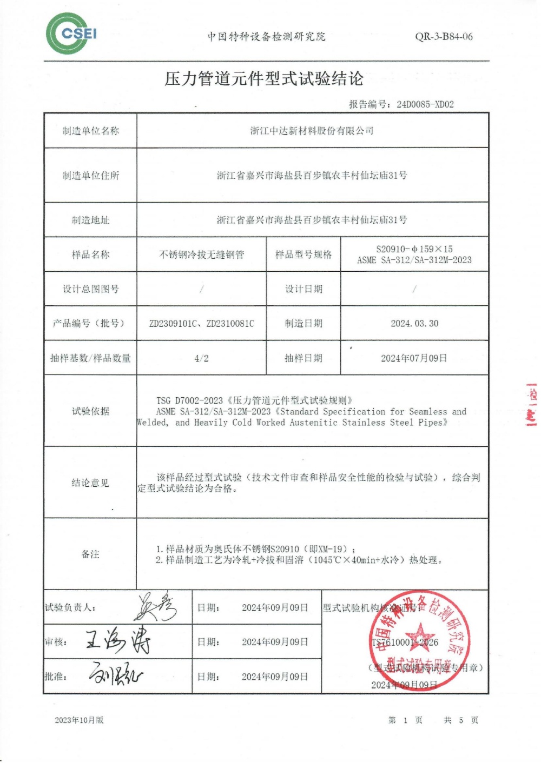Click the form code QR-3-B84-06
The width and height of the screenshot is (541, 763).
[x=444, y=37]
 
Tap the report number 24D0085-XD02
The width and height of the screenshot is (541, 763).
[x=425, y=104]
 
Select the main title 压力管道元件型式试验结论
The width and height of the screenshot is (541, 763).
[x=264, y=79]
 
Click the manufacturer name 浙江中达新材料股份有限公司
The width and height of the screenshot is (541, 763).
[x=312, y=131]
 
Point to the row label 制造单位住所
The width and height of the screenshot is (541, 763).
[x=90, y=176]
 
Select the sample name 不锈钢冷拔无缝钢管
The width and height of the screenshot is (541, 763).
[x=201, y=255]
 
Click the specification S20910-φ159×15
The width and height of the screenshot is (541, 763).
[x=414, y=249]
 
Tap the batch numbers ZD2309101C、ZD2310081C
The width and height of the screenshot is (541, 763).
[x=201, y=324]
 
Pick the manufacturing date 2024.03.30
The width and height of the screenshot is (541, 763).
[x=414, y=324]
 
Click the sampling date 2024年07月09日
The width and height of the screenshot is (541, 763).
[x=414, y=358]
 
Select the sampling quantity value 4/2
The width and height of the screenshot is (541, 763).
[x=201, y=358]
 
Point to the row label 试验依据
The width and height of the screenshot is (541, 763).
[x=90, y=411]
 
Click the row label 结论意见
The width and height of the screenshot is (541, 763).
[x=90, y=483]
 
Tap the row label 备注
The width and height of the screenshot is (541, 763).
[x=90, y=554]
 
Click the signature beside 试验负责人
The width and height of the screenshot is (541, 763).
[x=156, y=607]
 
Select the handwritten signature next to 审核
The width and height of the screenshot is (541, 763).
[x=118, y=641]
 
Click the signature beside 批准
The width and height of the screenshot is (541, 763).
[x=116, y=675]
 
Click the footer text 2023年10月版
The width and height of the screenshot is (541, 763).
[x=79, y=720]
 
